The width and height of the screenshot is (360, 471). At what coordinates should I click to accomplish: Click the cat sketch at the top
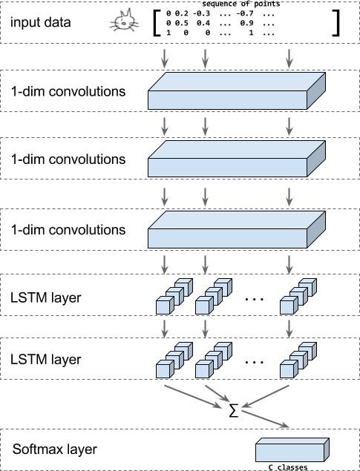(125, 22)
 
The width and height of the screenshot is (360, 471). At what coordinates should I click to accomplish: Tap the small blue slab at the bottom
(292, 450)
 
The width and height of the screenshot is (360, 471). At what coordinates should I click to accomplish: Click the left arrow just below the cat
(165, 58)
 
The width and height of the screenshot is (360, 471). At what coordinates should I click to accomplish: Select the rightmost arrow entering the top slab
(289, 58)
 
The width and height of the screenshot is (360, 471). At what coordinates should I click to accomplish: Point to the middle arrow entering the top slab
(205, 58)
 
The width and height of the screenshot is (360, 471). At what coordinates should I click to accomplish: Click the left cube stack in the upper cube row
(174, 297)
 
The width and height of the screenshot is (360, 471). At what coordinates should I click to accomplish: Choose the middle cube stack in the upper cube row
(213, 297)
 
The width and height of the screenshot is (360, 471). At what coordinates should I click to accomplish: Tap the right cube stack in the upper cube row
(298, 297)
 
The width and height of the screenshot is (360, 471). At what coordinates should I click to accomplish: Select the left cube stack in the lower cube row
(174, 360)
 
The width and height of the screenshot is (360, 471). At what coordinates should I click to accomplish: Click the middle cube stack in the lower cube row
(213, 360)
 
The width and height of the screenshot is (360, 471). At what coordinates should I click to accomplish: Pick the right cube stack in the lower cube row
(298, 360)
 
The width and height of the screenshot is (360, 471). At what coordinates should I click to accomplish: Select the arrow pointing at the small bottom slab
(265, 419)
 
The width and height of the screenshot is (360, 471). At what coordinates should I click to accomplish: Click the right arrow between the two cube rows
(289, 327)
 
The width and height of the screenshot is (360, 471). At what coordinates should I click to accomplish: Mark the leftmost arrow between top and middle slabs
(165, 125)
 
